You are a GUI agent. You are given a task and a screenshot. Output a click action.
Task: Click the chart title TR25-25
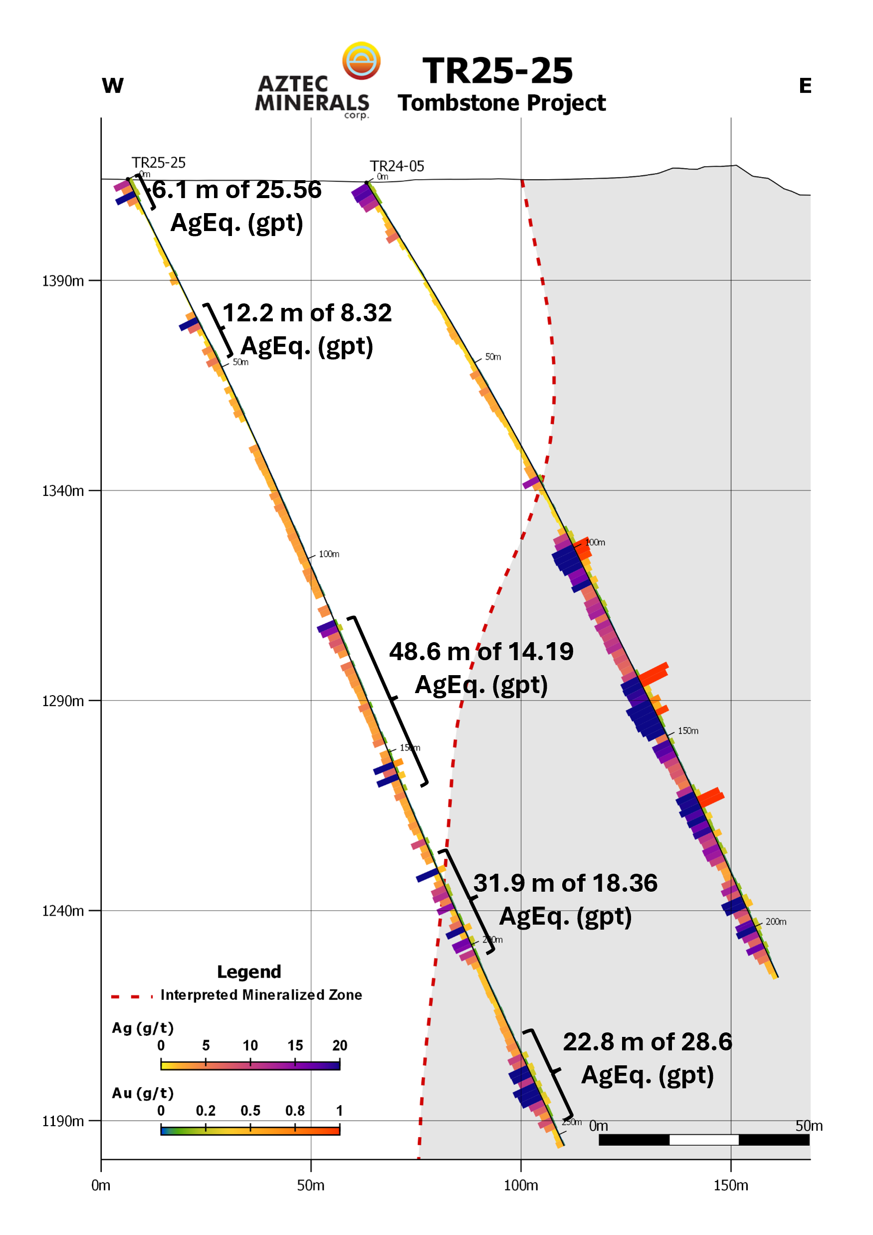[x=497, y=70]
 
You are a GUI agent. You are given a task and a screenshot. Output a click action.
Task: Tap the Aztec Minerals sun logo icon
[x=361, y=60]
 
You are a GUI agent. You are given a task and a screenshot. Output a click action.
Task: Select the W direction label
[x=112, y=85]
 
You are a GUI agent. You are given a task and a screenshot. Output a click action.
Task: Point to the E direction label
[x=805, y=85]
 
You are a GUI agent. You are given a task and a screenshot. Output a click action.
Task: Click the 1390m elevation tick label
[x=63, y=281]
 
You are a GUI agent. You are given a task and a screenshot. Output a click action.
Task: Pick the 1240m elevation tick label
[x=63, y=911]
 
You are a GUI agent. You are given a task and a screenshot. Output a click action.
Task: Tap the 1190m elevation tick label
[x=63, y=1121]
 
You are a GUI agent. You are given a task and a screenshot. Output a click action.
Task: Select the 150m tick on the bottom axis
[x=730, y=1185]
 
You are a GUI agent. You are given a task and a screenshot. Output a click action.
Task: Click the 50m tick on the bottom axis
[x=310, y=1185]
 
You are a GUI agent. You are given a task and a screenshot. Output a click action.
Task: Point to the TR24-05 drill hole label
[x=397, y=166]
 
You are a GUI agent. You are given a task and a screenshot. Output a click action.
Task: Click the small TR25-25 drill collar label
[x=158, y=163]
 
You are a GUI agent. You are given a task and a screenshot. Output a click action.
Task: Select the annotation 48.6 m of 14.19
[x=481, y=651]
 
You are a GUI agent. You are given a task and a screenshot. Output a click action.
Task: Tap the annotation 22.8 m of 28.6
[x=647, y=1042]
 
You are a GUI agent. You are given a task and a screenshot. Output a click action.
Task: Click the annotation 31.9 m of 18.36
[x=565, y=883]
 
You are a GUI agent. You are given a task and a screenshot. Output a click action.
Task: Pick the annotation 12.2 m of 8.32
[x=307, y=313]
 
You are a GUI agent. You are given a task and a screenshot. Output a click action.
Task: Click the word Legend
[x=248, y=972]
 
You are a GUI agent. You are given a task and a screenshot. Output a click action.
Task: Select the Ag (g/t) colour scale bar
[x=250, y=1064]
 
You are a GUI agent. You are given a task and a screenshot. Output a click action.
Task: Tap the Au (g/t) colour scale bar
[x=250, y=1130]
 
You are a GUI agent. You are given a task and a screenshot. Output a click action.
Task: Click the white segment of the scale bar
[x=703, y=1139]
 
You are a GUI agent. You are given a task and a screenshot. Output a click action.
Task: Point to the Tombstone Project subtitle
[x=501, y=103]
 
